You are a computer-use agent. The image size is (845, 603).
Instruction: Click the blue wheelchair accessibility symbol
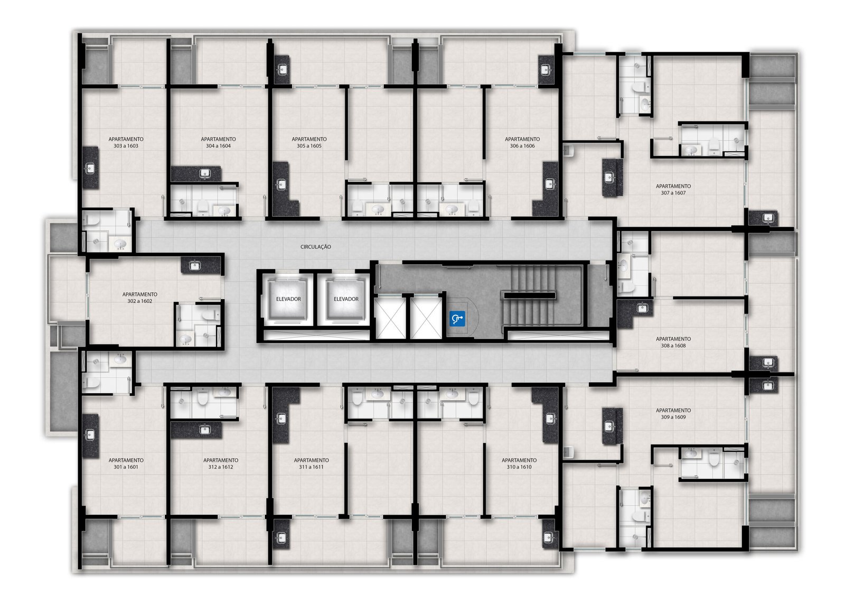(457, 319)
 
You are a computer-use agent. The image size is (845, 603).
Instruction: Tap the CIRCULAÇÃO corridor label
(316, 247)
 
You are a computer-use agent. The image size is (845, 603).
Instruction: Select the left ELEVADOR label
(288, 299)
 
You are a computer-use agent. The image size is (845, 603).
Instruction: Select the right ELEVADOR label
(346, 299)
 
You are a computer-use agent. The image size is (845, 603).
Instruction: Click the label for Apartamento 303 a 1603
(126, 142)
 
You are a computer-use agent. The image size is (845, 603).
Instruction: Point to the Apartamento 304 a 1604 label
(219, 142)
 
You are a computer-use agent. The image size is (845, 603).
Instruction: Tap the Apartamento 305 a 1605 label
(309, 142)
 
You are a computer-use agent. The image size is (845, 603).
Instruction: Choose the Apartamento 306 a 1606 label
(522, 142)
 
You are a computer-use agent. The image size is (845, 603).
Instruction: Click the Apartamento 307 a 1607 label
(673, 190)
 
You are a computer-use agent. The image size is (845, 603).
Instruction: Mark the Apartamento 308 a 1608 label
(673, 342)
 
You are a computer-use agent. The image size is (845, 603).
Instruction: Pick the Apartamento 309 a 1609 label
(673, 413)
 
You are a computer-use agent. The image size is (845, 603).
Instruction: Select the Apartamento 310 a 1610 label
(519, 463)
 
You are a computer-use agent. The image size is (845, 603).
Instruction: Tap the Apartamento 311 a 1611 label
(312, 463)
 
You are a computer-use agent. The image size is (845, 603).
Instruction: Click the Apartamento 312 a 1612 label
(221, 463)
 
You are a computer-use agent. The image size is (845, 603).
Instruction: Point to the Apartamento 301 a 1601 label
(126, 463)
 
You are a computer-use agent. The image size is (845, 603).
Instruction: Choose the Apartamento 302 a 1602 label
(140, 298)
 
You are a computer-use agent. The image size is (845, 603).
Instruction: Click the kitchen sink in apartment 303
(90, 168)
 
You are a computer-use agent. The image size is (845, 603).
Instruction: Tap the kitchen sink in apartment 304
(205, 173)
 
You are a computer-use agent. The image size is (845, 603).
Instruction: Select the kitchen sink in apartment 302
(194, 266)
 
